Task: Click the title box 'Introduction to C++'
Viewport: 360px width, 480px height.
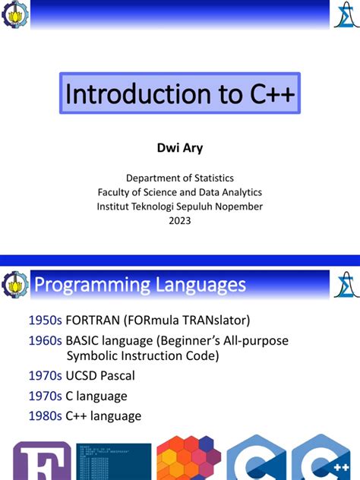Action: [x=179, y=93]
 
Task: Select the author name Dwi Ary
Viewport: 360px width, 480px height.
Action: [x=179, y=147]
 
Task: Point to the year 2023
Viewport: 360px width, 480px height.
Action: [x=179, y=220]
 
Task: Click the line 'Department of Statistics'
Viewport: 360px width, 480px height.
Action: [x=179, y=178]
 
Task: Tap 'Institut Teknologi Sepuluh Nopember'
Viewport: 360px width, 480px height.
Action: [x=179, y=206]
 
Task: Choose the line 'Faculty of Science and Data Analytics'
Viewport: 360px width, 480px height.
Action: [x=179, y=192]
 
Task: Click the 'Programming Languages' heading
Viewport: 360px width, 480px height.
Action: [x=141, y=285]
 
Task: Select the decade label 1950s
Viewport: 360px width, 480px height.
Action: [x=45, y=321]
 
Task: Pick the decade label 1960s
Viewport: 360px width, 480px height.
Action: [x=45, y=341]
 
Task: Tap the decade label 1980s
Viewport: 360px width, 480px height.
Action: [x=45, y=415]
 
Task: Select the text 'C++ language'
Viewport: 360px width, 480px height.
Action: [x=103, y=415]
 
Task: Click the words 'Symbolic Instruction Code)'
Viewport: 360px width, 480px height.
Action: [x=143, y=356]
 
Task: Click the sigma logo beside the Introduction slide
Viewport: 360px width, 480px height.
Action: [x=343, y=13]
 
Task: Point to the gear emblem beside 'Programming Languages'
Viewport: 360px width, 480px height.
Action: [x=16, y=285]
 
